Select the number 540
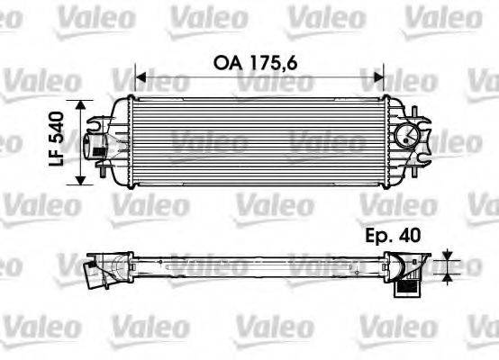[56, 125]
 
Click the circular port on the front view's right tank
[409, 138]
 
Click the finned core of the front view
[257, 139]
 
